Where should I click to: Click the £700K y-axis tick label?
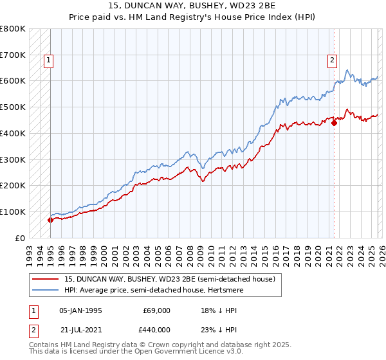(13, 55)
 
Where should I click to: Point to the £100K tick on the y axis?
(13, 212)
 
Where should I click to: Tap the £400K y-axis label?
(13, 133)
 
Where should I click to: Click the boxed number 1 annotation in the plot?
(49, 61)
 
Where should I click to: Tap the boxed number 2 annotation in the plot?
(333, 61)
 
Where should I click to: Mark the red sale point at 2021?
(334, 123)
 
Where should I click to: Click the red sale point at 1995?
(50, 220)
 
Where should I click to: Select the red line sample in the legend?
(46, 279)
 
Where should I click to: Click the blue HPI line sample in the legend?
(46, 290)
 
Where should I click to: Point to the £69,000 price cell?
(156, 310)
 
